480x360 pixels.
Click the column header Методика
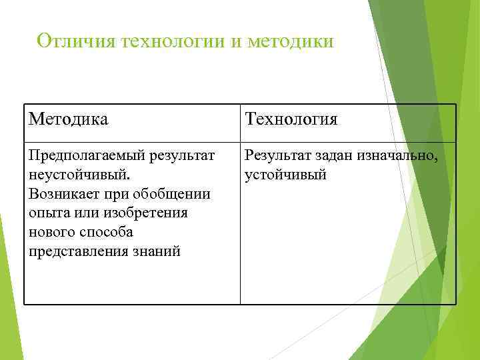(69, 119)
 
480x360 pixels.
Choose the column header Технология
(291, 119)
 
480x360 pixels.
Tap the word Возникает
(64, 195)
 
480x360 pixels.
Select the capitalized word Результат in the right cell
(278, 157)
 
